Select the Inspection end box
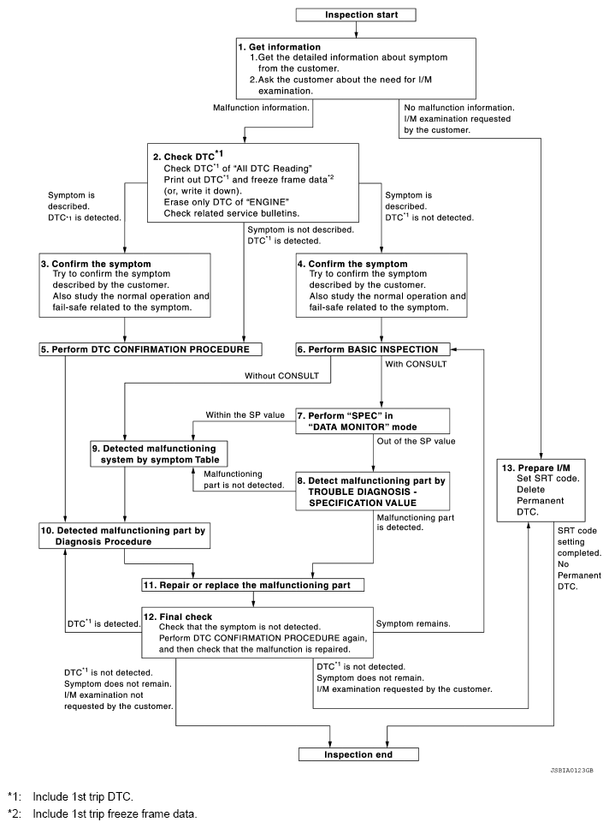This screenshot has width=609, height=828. pos(358,755)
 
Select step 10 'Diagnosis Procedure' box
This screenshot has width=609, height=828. pos(124,535)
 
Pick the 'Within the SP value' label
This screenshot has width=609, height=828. pos(246,414)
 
